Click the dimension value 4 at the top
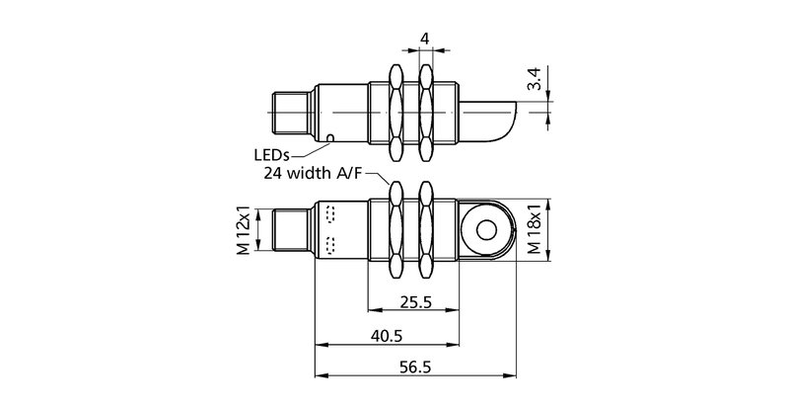425,40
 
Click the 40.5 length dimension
386,335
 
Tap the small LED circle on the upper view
331,137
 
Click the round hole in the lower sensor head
485,231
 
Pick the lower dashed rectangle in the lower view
330,245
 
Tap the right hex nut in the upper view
426,112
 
